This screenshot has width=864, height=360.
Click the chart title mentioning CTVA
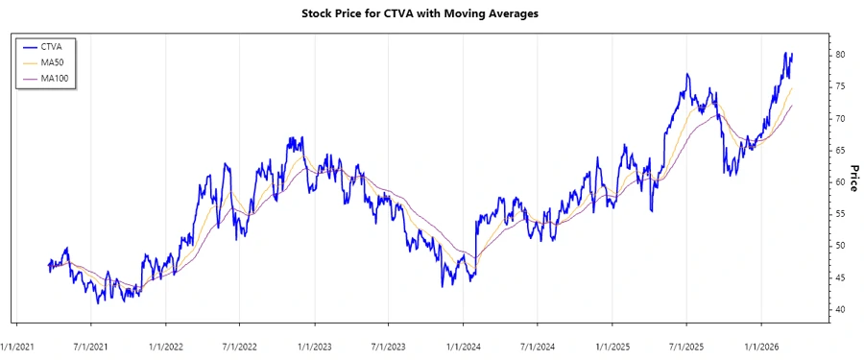[432, 14]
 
